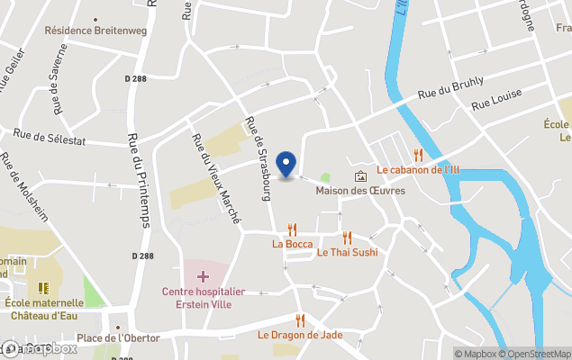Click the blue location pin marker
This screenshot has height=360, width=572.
point(286,164)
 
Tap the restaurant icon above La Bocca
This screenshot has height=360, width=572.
point(292,229)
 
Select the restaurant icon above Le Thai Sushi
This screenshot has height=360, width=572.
point(347,238)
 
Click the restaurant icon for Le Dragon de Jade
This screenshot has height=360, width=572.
point(300,320)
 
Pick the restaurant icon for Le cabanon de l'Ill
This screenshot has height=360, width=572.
point(417,155)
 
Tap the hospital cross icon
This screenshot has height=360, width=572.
point(203,275)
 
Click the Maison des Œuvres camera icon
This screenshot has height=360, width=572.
point(360,176)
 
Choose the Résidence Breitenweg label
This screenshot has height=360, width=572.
point(95,30)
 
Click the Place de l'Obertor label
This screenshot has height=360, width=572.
point(118,337)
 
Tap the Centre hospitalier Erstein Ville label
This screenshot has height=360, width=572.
point(204,297)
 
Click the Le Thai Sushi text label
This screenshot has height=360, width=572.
point(348,252)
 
